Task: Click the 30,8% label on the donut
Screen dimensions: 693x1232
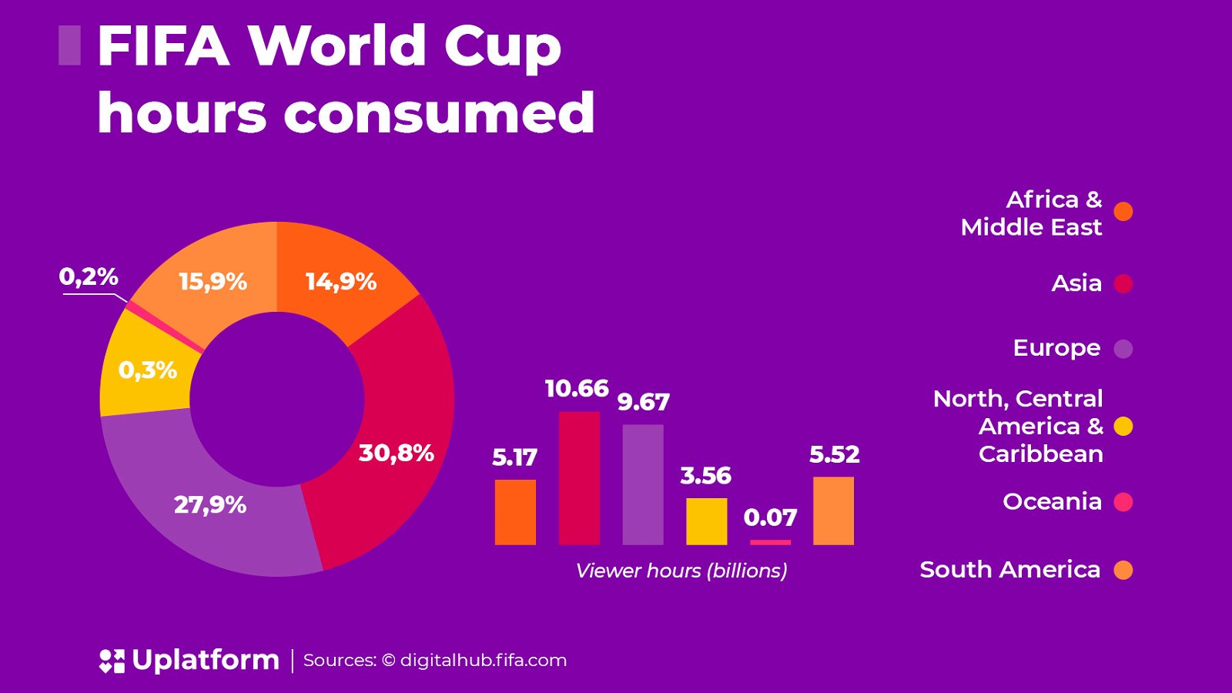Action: point(396,453)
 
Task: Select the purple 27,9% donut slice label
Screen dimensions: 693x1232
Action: point(209,505)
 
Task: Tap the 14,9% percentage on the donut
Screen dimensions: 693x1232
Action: point(340,282)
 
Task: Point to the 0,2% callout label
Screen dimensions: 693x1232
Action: point(89,276)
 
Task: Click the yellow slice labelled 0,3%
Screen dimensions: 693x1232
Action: point(147,370)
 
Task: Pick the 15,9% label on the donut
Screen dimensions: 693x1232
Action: point(213,282)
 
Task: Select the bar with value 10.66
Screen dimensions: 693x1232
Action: point(579,478)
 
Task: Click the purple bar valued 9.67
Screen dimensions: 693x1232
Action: point(643,484)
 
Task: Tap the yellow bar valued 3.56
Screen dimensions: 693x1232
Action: point(706,521)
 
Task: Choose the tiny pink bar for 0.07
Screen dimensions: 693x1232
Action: point(770,542)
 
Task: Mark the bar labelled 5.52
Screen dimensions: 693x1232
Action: point(833,511)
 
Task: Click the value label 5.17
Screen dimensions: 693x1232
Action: point(514,457)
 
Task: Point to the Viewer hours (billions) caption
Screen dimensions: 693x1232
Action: point(681,571)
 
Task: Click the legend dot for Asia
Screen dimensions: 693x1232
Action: point(1123,284)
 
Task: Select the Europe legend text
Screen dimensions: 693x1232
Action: point(1056,348)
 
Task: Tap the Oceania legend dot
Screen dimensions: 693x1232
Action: point(1123,502)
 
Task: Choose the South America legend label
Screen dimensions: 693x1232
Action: point(1009,570)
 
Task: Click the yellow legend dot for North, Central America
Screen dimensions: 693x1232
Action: point(1123,427)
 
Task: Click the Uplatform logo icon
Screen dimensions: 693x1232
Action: point(112,661)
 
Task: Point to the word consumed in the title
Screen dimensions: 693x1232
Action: point(439,113)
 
